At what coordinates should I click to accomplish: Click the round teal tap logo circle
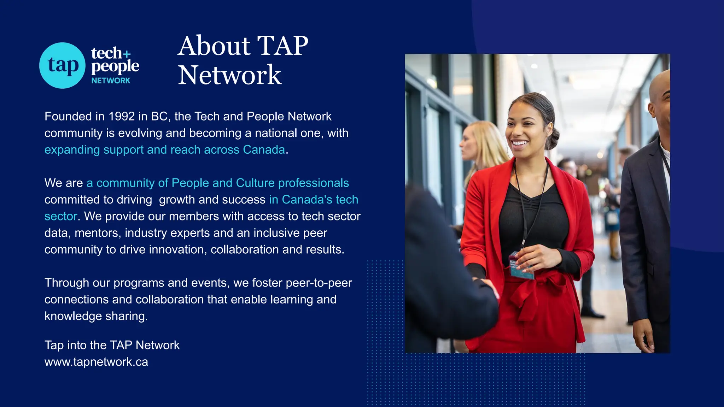[62, 65]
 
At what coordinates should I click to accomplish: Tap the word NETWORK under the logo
[111, 81]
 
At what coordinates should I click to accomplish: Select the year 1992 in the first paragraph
[122, 116]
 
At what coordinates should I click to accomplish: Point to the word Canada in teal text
[264, 150]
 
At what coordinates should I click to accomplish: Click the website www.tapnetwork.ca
[96, 362]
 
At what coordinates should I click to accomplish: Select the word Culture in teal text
[255, 183]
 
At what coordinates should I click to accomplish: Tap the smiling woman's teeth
[520, 143]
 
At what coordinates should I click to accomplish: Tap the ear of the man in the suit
[653, 107]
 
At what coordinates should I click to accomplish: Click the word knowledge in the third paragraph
[73, 316]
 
